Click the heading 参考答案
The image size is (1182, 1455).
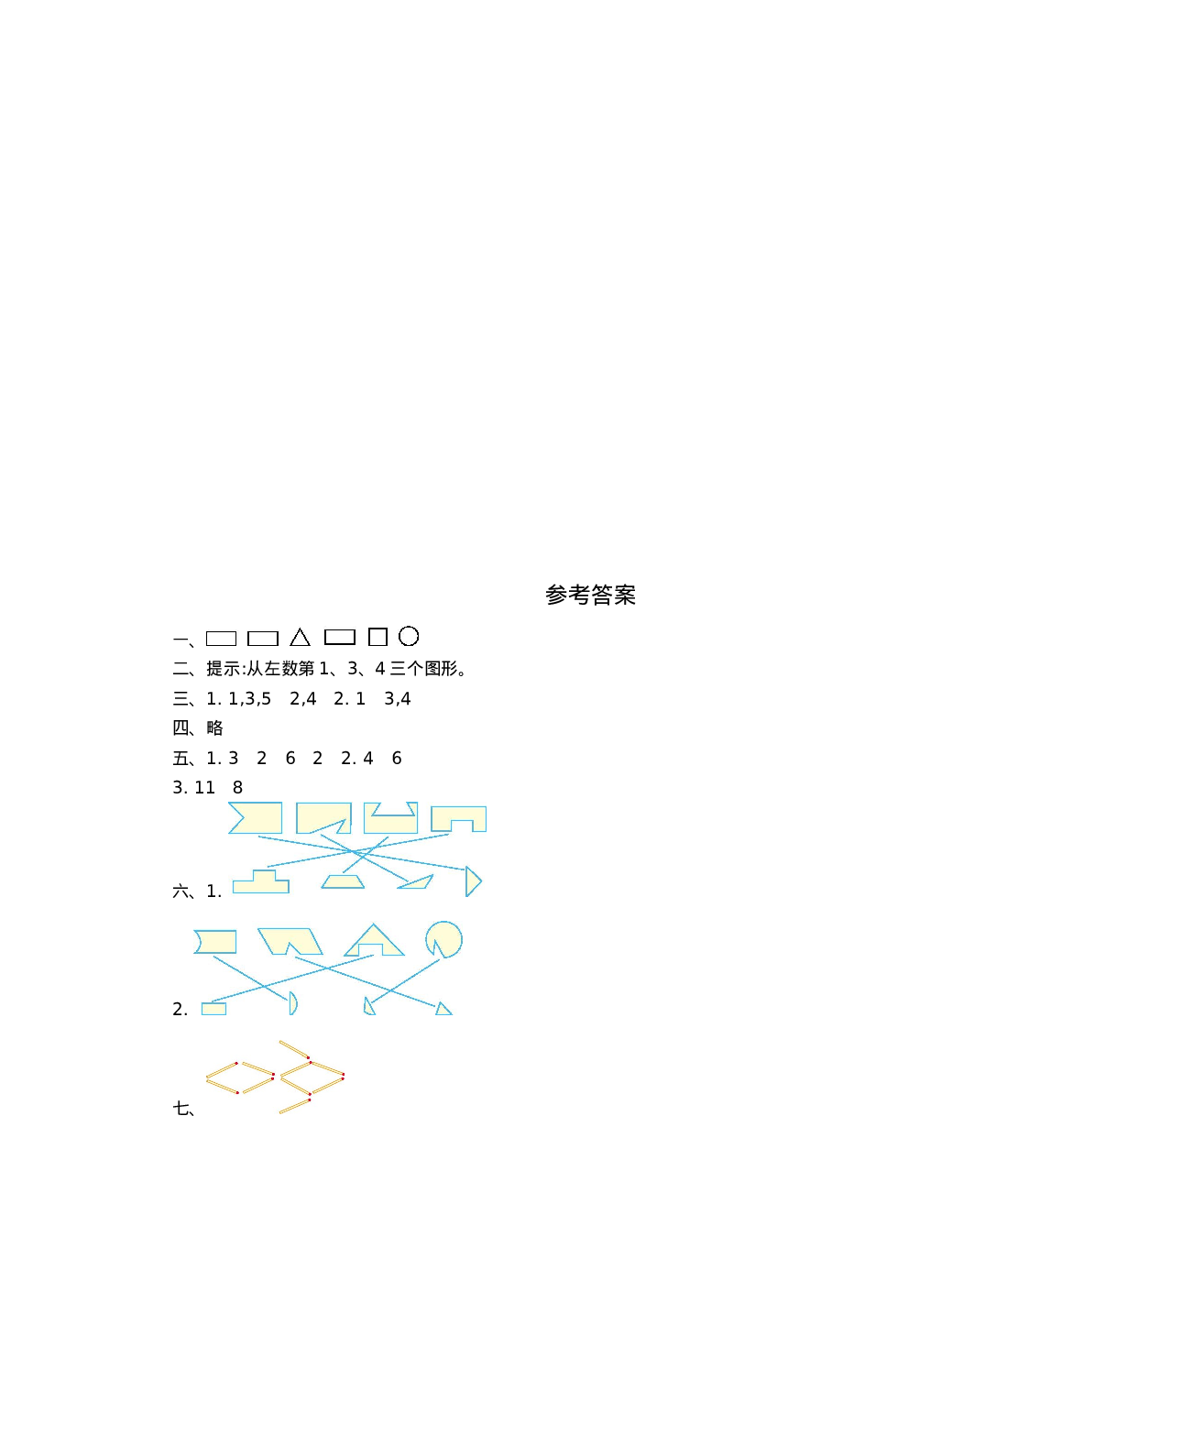[590, 595]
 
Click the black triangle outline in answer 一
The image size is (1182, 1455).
[300, 638]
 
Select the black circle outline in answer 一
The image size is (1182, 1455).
[409, 636]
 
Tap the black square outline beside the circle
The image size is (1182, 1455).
[378, 637]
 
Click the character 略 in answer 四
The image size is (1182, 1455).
[215, 728]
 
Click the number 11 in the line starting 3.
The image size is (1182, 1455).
[204, 788]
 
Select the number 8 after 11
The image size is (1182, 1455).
[238, 788]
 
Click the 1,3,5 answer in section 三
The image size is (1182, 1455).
[249, 699]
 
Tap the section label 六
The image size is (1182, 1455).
[181, 891]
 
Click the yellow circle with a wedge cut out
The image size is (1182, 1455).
[443, 939]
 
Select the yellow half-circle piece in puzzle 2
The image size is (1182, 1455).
[292, 1003]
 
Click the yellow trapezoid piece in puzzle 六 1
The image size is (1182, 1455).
[343, 881]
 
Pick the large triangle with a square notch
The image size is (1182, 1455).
[374, 942]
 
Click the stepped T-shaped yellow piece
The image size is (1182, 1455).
[261, 883]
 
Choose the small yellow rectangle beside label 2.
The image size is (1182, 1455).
[213, 1009]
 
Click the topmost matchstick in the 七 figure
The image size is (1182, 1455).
[294, 1050]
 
